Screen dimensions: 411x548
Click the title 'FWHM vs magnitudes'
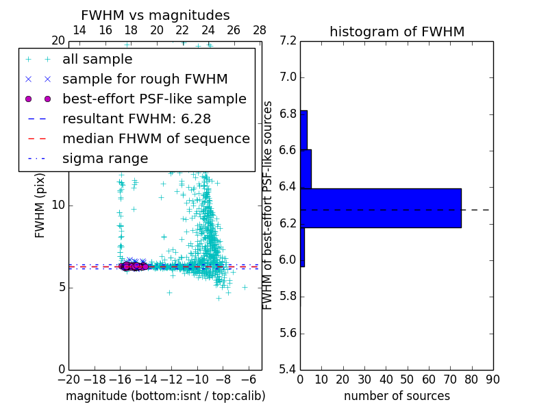[x=155, y=16]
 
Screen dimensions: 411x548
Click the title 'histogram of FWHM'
[x=397, y=32]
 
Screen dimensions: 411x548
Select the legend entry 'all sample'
[x=97, y=60]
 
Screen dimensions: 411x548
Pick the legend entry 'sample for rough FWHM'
[x=145, y=79]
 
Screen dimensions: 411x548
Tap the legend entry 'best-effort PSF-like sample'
[x=154, y=99]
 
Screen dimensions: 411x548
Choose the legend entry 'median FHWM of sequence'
[x=155, y=138]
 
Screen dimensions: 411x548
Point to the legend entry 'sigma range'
[x=105, y=159]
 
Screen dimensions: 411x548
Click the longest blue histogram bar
[x=381, y=208]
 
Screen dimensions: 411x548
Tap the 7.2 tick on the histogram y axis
[x=288, y=41]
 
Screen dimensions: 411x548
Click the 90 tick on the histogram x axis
[x=493, y=379]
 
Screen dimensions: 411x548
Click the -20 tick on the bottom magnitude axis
[x=68, y=379]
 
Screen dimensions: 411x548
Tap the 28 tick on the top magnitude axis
[x=260, y=30]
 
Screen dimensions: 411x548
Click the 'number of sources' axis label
[x=397, y=396]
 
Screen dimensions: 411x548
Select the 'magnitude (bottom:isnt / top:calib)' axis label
[x=165, y=396]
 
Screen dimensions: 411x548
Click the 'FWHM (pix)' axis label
[x=40, y=206]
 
